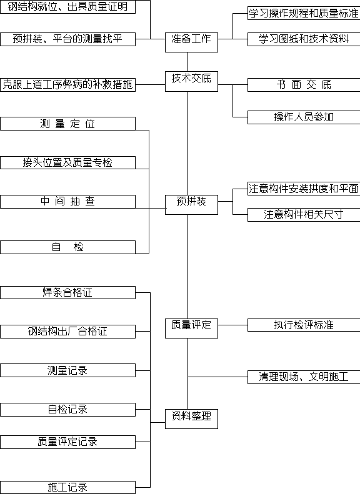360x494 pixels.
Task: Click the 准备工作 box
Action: coord(191,42)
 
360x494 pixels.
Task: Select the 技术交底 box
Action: coord(191,82)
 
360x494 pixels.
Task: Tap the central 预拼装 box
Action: coord(191,205)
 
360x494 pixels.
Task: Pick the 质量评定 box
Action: coord(191,329)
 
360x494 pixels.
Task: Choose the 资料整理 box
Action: coord(191,418)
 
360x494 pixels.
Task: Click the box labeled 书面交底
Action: coord(304,85)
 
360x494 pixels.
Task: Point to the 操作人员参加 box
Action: coord(304,117)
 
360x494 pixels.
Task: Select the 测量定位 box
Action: coord(67,124)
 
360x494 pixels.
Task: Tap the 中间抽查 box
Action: coord(67,202)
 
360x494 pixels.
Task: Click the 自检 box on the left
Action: coord(67,247)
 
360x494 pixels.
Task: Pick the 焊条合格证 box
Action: coord(67,292)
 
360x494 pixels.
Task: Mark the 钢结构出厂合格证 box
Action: coord(67,332)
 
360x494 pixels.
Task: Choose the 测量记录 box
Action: coord(67,370)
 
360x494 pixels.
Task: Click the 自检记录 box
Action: coord(67,410)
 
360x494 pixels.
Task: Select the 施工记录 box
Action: coord(67,487)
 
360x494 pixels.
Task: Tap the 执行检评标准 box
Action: coord(304,325)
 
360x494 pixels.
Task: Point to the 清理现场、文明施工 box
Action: coord(304,377)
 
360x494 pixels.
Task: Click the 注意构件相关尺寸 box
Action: coord(304,215)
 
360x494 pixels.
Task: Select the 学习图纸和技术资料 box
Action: coord(304,39)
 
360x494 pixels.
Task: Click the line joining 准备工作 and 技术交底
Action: coord(188,62)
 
